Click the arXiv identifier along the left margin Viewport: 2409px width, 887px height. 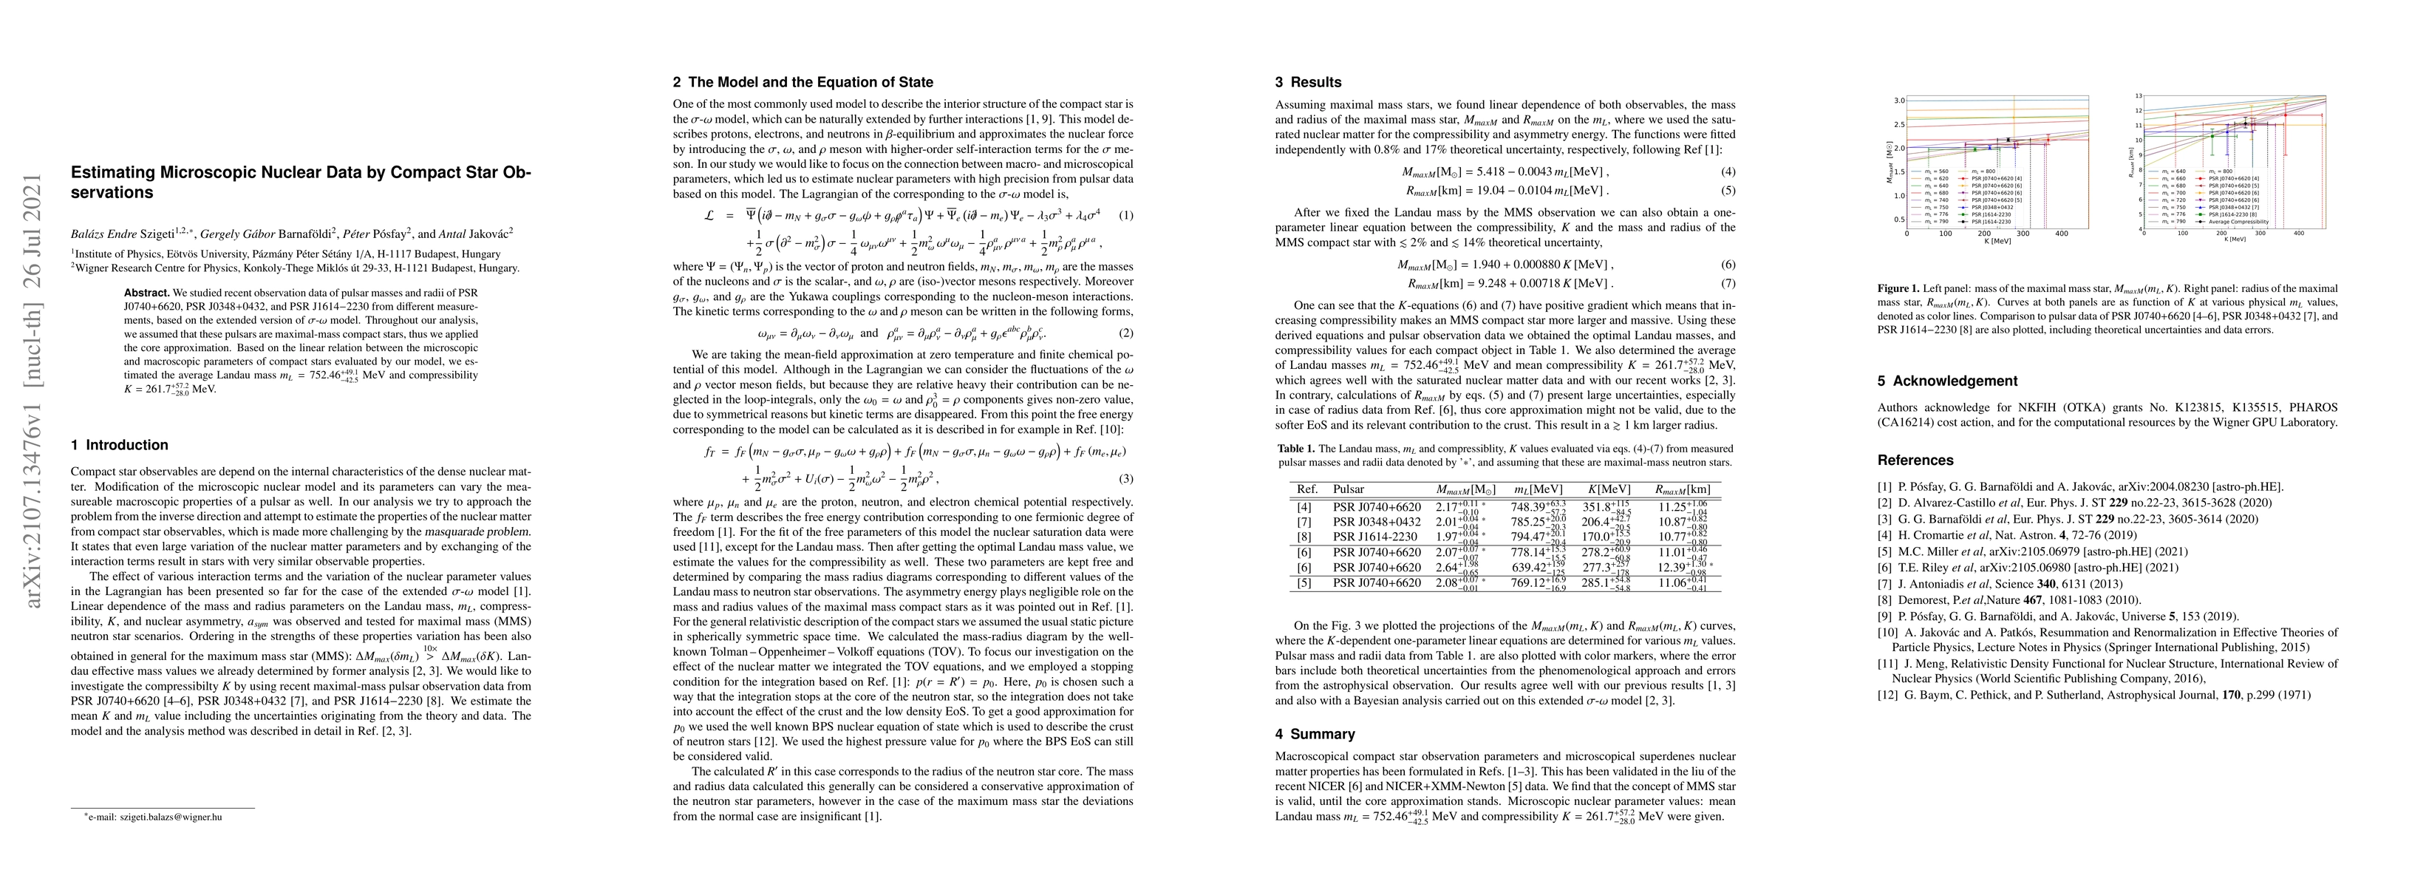coord(35,391)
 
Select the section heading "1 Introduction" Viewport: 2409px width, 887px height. coord(120,446)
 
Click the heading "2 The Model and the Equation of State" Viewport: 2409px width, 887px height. coord(803,82)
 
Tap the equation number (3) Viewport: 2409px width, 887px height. coord(1126,479)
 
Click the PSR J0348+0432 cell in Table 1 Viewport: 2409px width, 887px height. coord(1377,521)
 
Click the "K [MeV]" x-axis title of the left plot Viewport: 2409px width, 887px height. coord(1997,240)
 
